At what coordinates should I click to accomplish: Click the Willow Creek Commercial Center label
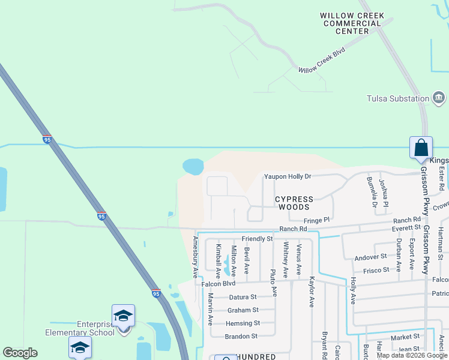[351, 23]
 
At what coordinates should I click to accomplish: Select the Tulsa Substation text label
[397, 98]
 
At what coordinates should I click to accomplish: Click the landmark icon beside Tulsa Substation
[439, 98]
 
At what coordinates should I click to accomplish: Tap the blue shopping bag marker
[421, 148]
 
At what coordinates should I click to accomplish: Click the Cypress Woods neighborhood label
[294, 203]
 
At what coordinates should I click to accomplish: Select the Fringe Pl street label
[317, 220]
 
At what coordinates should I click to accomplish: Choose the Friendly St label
[257, 239]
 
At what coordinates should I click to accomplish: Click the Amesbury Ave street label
[194, 256]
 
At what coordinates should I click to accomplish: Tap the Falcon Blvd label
[220, 284]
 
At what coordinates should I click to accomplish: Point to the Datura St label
[241, 296]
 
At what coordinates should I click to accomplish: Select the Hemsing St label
[243, 323]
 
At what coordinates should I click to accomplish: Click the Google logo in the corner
[20, 352]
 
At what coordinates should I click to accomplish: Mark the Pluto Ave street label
[273, 283]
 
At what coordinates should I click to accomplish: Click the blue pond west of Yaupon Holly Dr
[193, 166]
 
